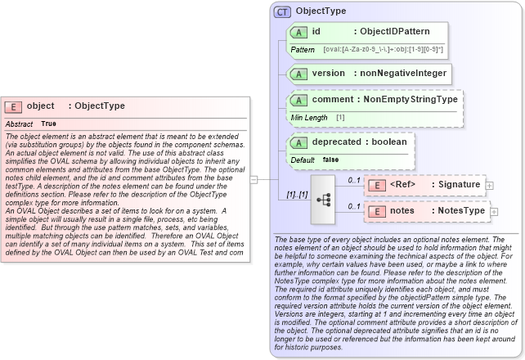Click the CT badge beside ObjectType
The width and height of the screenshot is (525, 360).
[x=282, y=11]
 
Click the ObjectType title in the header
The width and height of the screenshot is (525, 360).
[x=321, y=11]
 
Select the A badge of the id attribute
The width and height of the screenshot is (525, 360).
[x=299, y=32]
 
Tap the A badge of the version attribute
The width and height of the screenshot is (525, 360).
[x=299, y=74]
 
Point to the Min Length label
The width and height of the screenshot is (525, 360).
[x=309, y=118]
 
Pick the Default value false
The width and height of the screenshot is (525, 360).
[x=330, y=160]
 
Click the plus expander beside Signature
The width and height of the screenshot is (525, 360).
[x=490, y=186]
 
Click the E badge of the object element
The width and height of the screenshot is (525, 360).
[x=13, y=106]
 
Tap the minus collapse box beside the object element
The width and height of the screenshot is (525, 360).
[x=254, y=178]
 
